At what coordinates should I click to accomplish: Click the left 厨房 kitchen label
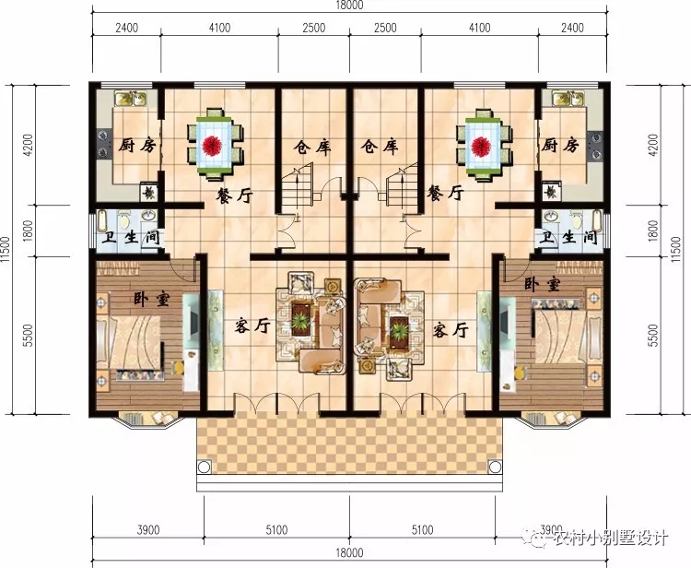pyautogui.click(x=136, y=145)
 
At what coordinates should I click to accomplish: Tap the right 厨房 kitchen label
pyautogui.click(x=559, y=145)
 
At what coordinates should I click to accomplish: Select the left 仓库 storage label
pyautogui.click(x=312, y=147)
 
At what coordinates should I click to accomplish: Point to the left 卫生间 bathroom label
pyautogui.click(x=130, y=238)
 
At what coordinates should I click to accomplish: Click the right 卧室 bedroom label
pyautogui.click(x=542, y=284)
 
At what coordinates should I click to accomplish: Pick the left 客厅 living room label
pyautogui.click(x=252, y=325)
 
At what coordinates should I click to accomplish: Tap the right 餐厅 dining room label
pyautogui.click(x=445, y=193)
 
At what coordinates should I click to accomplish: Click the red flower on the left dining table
pyautogui.click(x=213, y=145)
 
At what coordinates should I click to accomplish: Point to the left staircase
pyautogui.click(x=298, y=188)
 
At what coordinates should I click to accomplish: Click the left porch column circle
pyautogui.click(x=204, y=467)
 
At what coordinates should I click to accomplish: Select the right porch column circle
pyautogui.click(x=496, y=467)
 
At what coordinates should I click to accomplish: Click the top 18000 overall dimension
pyautogui.click(x=349, y=5)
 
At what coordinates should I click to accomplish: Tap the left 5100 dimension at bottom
pyautogui.click(x=276, y=529)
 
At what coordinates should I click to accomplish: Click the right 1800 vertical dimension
pyautogui.click(x=653, y=231)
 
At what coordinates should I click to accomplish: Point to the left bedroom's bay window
pyautogui.click(x=147, y=420)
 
